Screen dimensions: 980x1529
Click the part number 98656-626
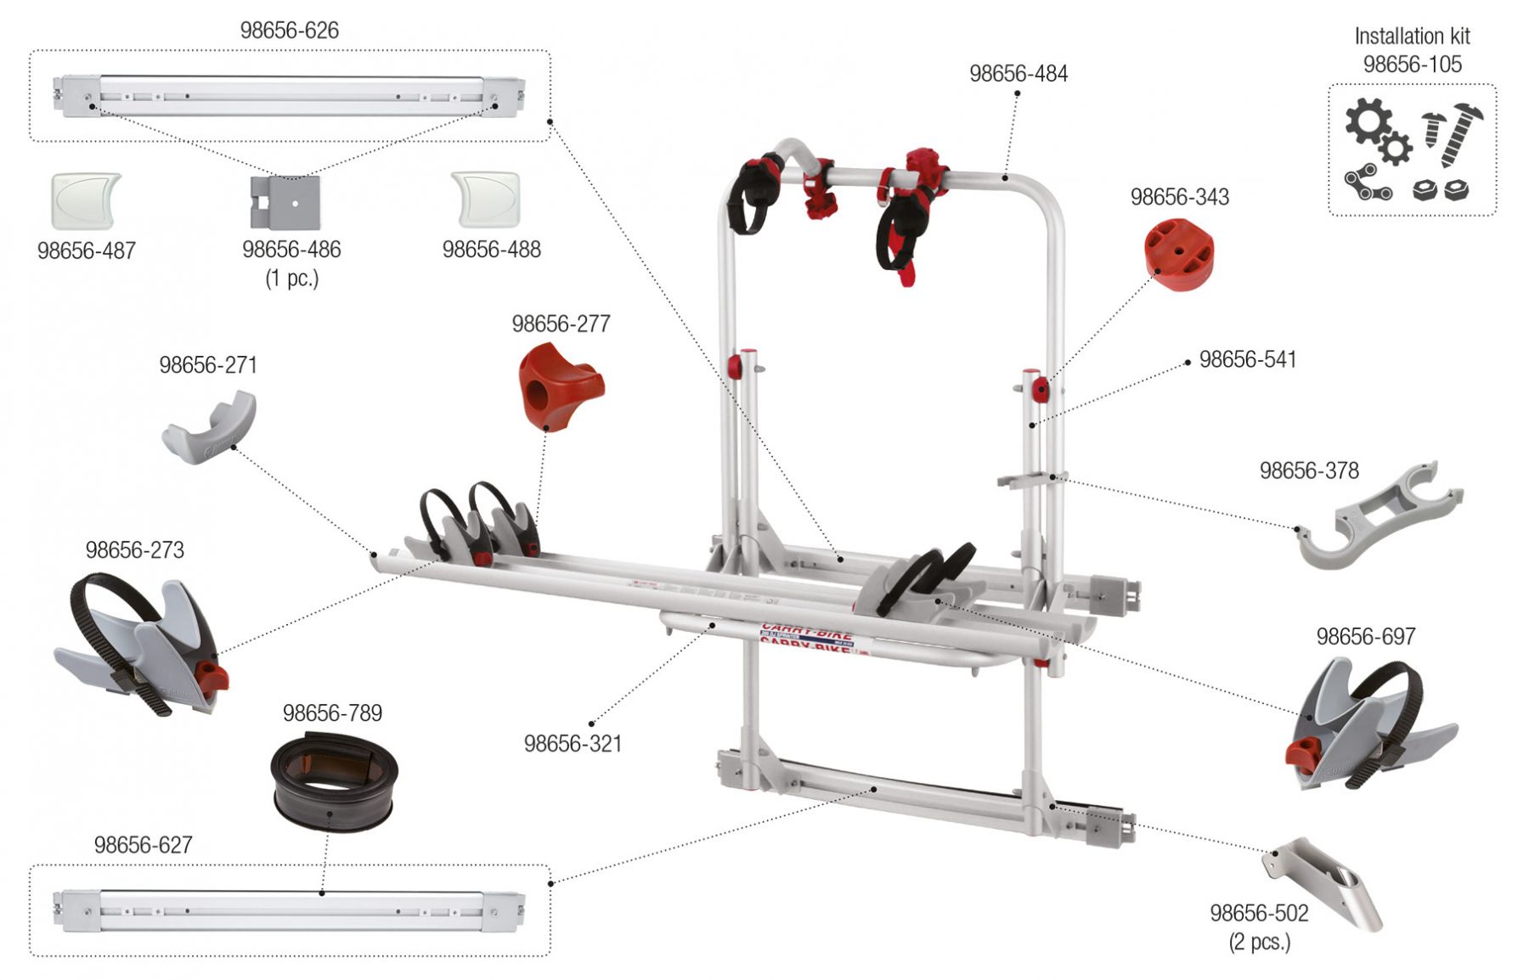(x=289, y=31)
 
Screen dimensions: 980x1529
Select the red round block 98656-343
(x=1180, y=254)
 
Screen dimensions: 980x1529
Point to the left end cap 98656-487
(x=85, y=200)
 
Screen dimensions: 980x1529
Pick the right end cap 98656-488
(x=486, y=200)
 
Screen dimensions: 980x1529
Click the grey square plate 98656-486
(x=286, y=203)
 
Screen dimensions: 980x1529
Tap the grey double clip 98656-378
(x=1380, y=515)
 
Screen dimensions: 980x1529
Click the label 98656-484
(x=1018, y=74)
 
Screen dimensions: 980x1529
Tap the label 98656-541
(x=1247, y=359)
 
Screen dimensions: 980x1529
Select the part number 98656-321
(x=573, y=743)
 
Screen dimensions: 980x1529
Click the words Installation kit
(x=1411, y=37)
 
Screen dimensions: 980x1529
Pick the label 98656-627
(x=143, y=845)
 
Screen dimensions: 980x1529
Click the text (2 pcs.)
(x=1259, y=942)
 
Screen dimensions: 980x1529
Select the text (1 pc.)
(x=291, y=279)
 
